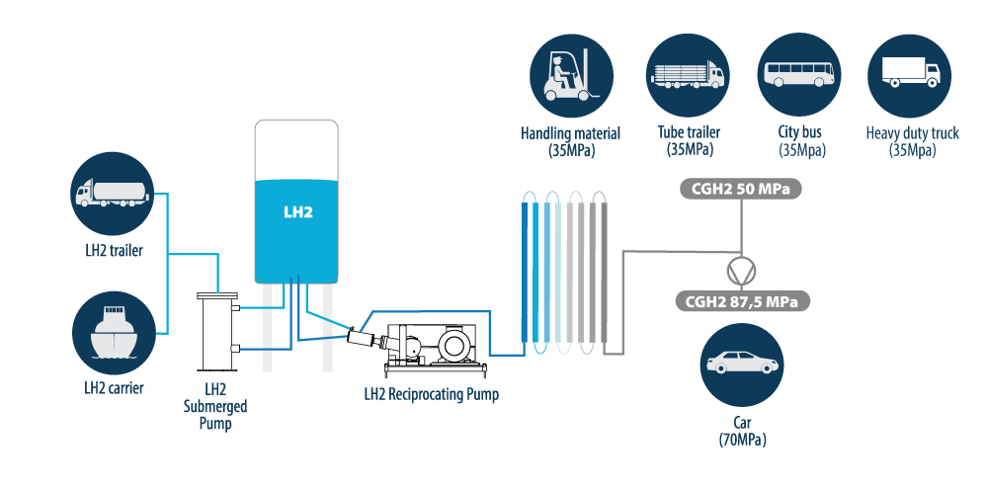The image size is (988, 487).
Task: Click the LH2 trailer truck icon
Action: (x=112, y=194)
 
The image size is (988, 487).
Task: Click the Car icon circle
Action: (x=741, y=365)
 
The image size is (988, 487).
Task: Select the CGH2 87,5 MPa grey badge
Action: (x=741, y=300)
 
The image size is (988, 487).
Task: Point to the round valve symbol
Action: (x=740, y=270)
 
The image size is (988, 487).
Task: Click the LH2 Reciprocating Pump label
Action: (x=431, y=395)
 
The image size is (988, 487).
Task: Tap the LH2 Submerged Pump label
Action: (x=214, y=406)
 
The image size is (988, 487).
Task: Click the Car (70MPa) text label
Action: (x=742, y=431)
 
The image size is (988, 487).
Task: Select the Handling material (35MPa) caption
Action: (x=570, y=141)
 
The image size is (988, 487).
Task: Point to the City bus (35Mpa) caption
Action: (x=800, y=141)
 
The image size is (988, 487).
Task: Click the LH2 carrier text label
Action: (x=114, y=388)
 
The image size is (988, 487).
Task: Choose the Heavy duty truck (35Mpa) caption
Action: (x=911, y=141)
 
